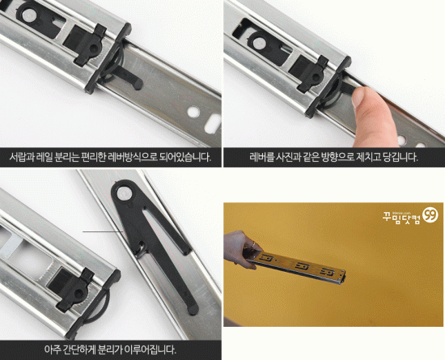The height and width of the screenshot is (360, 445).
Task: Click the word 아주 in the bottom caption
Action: [x=53, y=349]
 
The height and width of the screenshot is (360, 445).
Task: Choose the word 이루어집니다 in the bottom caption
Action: [x=150, y=349]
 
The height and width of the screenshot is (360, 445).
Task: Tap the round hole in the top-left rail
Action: [x=193, y=112]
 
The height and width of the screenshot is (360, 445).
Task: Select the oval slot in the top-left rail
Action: [x=213, y=123]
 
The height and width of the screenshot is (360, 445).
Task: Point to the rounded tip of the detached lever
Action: [x=194, y=310]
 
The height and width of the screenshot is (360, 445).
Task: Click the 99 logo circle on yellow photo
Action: [x=430, y=215]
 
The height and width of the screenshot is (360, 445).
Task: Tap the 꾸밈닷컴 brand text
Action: [x=401, y=218]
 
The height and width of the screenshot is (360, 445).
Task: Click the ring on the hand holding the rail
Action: [x=253, y=244]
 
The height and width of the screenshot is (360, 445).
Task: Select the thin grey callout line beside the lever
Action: [x=103, y=231]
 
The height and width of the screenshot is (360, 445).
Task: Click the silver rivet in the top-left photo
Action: [x=29, y=15]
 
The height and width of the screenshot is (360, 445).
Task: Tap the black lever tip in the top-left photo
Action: [x=138, y=84]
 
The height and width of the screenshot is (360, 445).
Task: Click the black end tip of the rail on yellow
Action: [x=344, y=278]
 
